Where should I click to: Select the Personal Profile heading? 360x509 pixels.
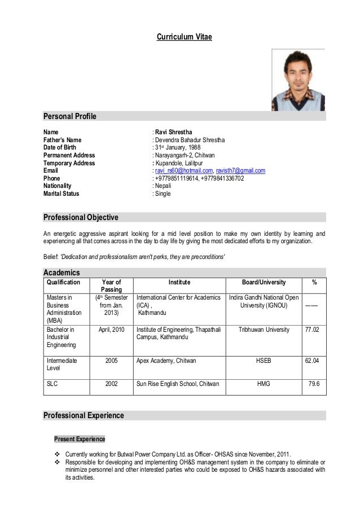(x=70, y=117)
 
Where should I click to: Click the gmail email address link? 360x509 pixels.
(x=240, y=171)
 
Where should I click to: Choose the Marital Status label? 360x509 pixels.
(x=62, y=194)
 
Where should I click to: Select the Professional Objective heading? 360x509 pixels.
(x=81, y=217)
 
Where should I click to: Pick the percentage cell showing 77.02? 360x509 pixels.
(x=312, y=330)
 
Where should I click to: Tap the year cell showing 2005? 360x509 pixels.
(x=112, y=359)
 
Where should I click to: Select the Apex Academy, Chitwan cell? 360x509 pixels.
(x=167, y=359)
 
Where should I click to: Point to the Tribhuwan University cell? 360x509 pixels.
(x=264, y=330)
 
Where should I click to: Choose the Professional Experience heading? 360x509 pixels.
(x=84, y=416)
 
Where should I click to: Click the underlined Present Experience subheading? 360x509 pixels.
(x=79, y=439)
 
